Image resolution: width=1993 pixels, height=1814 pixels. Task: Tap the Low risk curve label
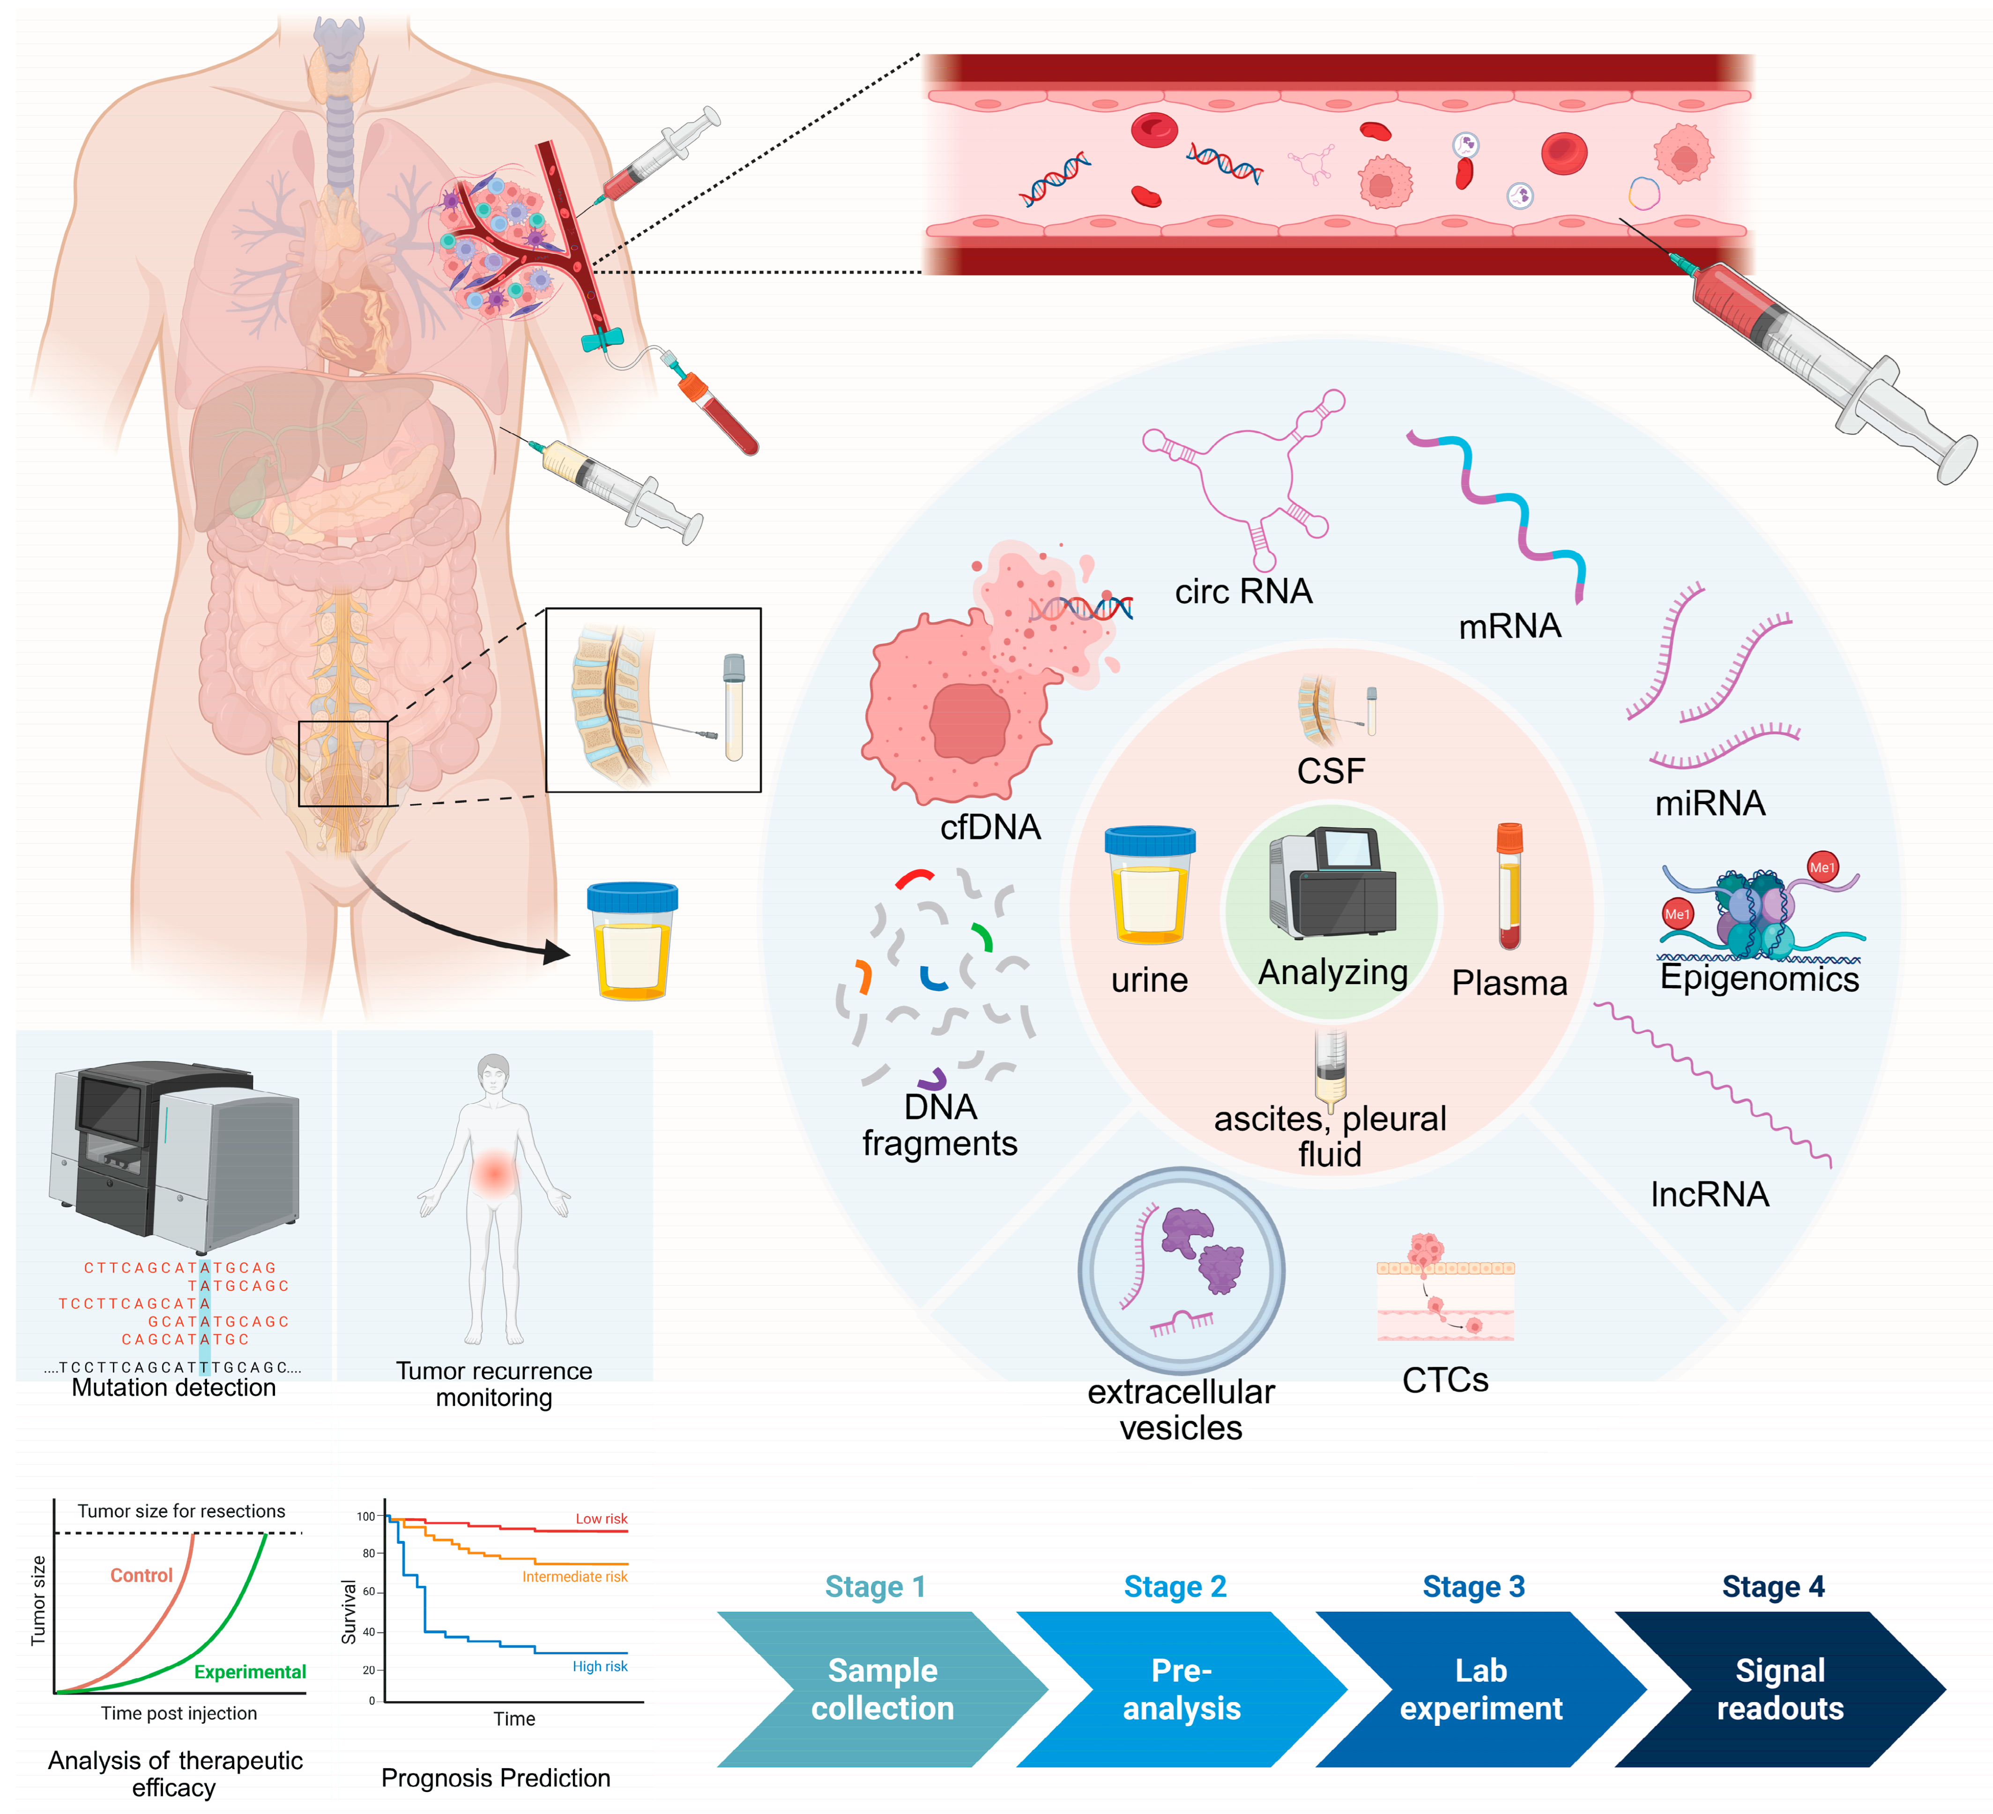click(601, 1518)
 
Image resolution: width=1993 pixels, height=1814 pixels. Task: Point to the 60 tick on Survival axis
click(368, 1592)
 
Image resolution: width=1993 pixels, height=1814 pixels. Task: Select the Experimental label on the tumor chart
click(249, 1672)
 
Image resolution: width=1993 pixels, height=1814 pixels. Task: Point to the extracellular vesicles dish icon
click(1182, 1270)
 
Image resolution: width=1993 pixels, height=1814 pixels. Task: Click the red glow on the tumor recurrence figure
click(493, 1174)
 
